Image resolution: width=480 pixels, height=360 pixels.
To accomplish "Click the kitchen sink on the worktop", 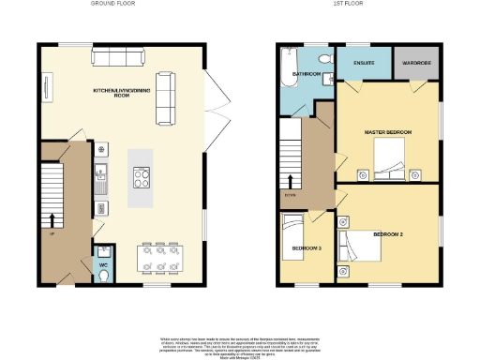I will point(101,173).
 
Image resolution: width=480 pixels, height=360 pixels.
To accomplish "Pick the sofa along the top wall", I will point(117,58).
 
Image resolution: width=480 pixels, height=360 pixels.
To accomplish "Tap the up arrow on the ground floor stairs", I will point(52,220).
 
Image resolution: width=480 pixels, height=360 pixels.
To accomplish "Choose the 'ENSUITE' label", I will point(365,64).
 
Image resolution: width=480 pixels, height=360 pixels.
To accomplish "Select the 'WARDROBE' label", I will point(416,64).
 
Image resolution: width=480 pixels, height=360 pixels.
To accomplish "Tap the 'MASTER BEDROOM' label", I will point(387,133).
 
